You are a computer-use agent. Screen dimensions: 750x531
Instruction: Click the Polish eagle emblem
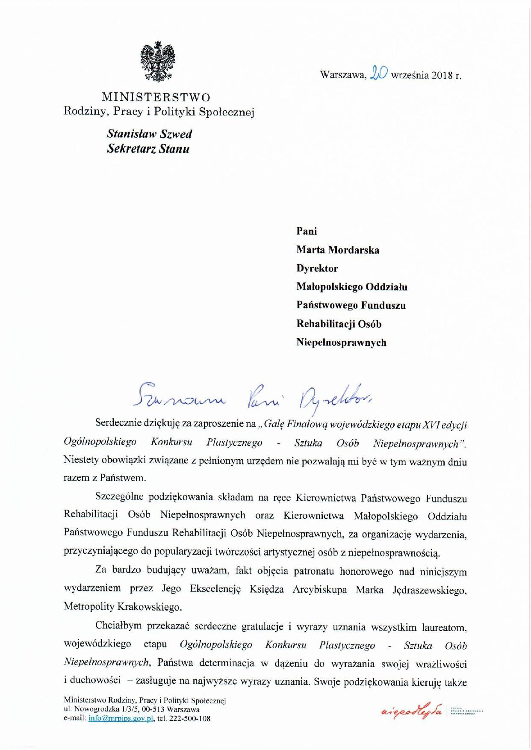[x=158, y=62]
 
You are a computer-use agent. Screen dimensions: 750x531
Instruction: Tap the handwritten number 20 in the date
[x=379, y=73]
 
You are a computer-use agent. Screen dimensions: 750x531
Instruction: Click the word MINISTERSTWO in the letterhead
[x=156, y=97]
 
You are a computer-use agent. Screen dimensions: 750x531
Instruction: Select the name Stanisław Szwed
[x=149, y=134]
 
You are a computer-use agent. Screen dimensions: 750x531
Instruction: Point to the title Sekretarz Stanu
[x=148, y=149]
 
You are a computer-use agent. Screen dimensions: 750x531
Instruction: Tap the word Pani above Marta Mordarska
[x=307, y=231]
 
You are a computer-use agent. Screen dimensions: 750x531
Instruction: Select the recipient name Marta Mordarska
[x=338, y=250]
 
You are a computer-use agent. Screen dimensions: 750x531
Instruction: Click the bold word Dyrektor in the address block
[x=317, y=269]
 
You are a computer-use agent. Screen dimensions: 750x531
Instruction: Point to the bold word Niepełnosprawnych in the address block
[x=341, y=343]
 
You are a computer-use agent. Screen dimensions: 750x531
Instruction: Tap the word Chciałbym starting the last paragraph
[x=118, y=626]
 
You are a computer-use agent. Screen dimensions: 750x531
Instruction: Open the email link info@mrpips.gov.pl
[x=121, y=719]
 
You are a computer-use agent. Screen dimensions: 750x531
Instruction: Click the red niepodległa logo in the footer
[x=411, y=712]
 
